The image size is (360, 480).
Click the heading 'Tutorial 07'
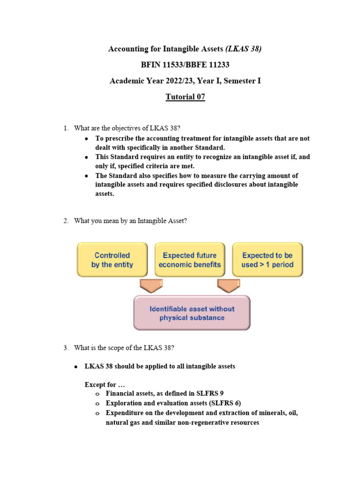[185, 97]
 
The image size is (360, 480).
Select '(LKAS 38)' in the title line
[243, 49]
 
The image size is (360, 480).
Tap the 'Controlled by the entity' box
[112, 260]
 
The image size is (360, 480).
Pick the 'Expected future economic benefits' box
[189, 260]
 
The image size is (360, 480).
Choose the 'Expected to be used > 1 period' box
[267, 260]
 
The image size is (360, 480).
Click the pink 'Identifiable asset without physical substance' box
[192, 313]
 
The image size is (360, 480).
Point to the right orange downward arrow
[228, 285]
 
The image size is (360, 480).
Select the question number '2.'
[66, 221]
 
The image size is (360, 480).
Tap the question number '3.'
[66, 347]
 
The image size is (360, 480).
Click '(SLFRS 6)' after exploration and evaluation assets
[224, 403]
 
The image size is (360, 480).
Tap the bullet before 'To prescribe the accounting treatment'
[86, 139]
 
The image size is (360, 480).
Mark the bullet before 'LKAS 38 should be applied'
[75, 367]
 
